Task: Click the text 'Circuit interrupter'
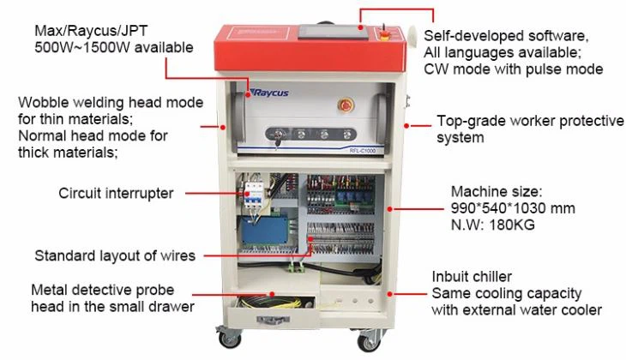[116, 193]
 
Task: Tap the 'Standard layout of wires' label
[115, 255]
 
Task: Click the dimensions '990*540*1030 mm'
[513, 208]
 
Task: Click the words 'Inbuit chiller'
[473, 277]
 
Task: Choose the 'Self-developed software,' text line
[506, 36]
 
